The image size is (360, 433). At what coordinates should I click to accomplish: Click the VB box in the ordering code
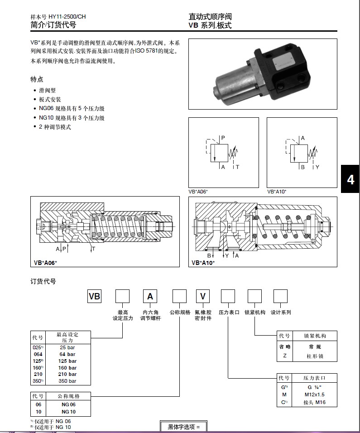[94, 297]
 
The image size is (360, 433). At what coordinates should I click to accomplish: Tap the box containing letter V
[203, 297]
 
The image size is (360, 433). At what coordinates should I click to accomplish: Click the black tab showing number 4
[350, 180]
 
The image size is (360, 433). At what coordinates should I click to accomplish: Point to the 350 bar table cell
[67, 381]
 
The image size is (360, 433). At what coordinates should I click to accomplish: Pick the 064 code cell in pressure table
[38, 354]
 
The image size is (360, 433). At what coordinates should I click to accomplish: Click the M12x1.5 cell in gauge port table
[314, 395]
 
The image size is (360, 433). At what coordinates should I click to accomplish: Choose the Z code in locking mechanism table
[284, 356]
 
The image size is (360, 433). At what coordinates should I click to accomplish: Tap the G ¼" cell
[314, 387]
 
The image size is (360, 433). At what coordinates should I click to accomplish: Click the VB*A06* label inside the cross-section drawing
[46, 263]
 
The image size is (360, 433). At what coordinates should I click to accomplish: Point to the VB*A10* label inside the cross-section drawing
[203, 263]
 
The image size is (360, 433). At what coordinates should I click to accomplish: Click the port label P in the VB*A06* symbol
[223, 137]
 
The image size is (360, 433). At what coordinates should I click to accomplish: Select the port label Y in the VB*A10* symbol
[317, 167]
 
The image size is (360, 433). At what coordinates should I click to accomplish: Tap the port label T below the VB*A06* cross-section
[93, 249]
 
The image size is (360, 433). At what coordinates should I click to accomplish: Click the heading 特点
[37, 79]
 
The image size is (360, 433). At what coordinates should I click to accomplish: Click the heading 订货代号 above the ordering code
[43, 281]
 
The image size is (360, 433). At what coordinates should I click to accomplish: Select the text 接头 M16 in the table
[314, 402]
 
